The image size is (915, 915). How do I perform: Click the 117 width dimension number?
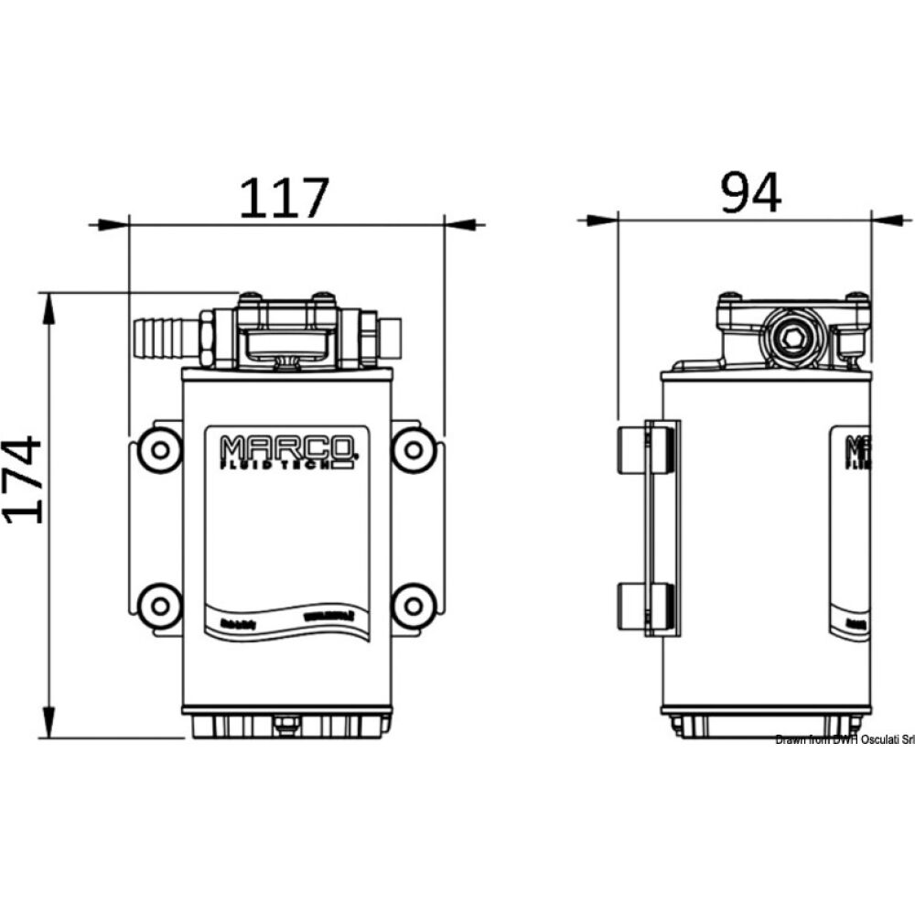pos(283,199)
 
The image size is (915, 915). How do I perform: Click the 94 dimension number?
pos(750,193)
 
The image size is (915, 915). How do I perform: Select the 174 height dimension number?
pos(24,479)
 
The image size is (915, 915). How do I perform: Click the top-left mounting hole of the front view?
pos(159,449)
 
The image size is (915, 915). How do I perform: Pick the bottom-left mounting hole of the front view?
pos(159,603)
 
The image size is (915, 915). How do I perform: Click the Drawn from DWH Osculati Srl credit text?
pos(844,739)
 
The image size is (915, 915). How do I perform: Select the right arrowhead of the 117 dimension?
pos(462,223)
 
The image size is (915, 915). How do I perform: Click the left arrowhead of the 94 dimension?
pos(600,220)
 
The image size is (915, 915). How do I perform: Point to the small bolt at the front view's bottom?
pos(285,728)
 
